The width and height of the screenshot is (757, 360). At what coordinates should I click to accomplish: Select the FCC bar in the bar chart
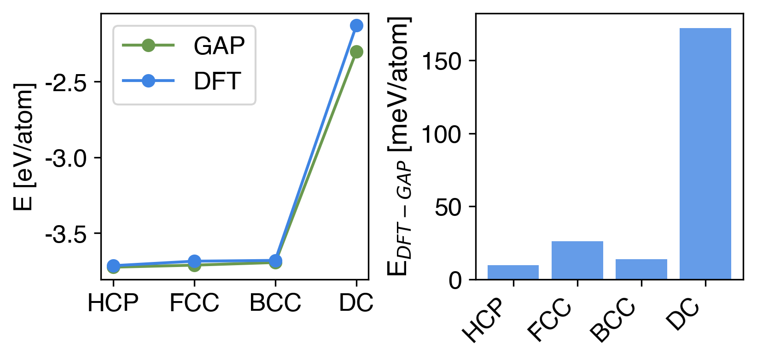577,260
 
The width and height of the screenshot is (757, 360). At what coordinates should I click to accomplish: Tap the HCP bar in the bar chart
513,272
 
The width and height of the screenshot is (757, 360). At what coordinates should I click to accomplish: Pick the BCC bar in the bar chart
641,269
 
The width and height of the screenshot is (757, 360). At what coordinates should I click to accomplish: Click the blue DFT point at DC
356,25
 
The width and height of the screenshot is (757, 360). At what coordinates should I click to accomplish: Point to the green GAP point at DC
356,52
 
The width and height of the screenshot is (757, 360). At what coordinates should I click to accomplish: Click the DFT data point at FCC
194,261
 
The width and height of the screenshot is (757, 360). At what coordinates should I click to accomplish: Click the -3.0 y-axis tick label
66,158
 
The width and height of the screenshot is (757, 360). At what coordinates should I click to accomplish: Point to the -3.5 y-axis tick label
66,234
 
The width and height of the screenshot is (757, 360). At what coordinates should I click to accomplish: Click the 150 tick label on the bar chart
441,61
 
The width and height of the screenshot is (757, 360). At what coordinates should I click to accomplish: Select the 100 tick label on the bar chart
441,134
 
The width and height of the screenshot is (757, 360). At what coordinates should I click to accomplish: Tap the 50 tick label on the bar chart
448,207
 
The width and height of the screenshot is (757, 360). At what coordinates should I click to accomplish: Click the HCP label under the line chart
113,303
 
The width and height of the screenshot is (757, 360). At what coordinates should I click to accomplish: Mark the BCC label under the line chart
275,303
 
